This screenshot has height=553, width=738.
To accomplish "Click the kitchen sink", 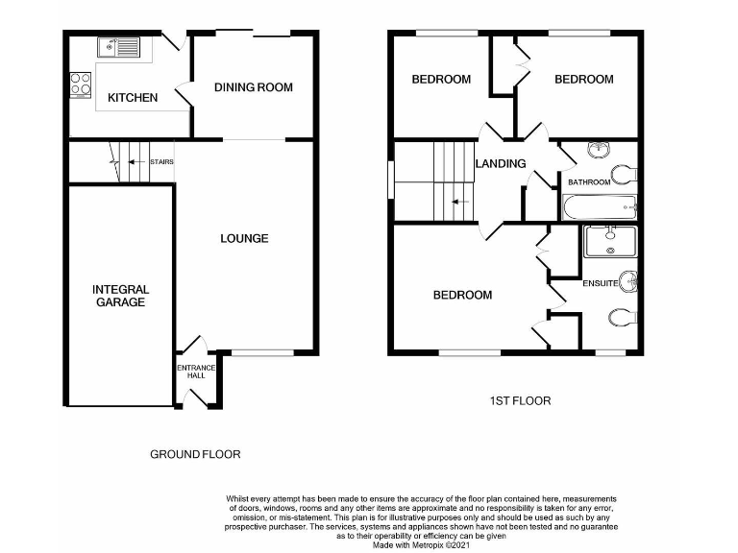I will pos(118,46).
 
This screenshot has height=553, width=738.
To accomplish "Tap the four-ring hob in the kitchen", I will pos(81,84).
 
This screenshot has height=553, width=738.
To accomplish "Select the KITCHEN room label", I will pos(133,98).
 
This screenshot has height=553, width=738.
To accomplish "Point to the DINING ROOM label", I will pos(254,87).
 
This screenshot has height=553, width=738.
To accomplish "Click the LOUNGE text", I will pos(244,238).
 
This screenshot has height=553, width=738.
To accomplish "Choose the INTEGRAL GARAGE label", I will pos(120,296).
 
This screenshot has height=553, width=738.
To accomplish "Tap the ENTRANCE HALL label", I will pos(197,372).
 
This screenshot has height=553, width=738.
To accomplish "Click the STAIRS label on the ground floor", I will pos(161,162).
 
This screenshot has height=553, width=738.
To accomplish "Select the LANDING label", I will pos(501,163).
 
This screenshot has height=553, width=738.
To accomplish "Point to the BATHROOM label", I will pos(589,181).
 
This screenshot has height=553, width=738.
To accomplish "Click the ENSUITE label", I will pos(599,283).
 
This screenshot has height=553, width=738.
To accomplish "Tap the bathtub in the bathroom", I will pos(600,206).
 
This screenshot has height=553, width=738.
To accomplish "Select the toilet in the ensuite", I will pos(620,319).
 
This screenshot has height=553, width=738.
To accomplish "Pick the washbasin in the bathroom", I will pos(599,149).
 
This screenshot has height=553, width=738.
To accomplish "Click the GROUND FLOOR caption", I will pos(195,454).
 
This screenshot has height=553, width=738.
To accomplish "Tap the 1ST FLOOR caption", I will pos(520,400).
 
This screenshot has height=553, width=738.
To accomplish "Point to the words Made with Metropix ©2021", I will pos(421,544).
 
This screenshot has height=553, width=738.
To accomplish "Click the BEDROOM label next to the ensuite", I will pos(462,295).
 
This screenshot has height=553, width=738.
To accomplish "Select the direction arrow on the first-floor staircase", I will pos(458,203).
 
